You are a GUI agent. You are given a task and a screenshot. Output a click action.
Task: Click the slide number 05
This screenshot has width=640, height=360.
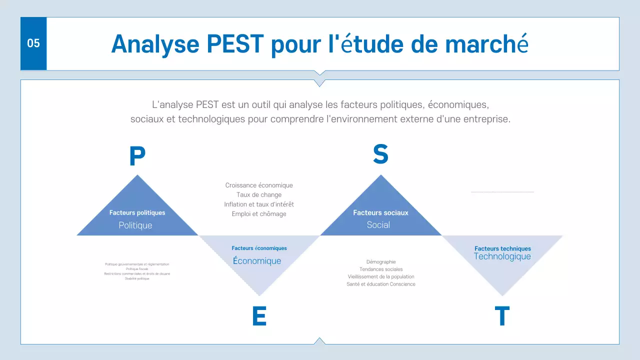point(33,43)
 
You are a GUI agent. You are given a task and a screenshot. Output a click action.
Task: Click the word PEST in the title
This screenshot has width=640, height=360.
point(234,44)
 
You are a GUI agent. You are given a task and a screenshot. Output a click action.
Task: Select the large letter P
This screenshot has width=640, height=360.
point(137,156)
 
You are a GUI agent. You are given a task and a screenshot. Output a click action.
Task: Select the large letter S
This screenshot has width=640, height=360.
point(380,154)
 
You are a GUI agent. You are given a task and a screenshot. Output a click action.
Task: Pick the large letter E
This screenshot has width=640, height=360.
point(259,316)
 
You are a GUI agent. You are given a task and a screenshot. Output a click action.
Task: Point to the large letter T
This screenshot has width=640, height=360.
point(502,316)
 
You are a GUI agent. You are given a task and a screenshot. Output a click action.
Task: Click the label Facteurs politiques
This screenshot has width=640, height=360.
point(137,212)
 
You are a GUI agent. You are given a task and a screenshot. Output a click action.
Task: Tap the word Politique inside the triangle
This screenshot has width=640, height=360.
point(135,225)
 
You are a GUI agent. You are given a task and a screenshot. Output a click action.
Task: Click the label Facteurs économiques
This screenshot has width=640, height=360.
point(259,248)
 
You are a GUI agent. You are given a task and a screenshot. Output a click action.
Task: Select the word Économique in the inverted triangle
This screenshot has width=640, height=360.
point(257,261)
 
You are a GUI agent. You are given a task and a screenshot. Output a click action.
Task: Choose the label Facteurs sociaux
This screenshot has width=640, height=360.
point(380,212)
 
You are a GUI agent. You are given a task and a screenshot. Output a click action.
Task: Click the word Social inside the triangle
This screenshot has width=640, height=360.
point(378,225)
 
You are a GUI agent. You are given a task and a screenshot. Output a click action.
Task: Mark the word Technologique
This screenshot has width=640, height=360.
point(502,256)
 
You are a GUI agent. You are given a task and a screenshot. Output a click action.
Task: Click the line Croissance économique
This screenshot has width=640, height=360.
point(259,185)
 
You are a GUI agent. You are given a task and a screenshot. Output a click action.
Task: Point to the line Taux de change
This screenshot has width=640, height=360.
point(259,195)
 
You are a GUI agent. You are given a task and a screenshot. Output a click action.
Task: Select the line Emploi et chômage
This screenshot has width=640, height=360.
point(259,214)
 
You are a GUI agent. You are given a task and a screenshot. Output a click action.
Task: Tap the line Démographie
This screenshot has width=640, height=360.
point(380,261)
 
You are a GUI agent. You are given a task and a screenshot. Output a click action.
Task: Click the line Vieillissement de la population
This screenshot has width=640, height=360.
point(380,276)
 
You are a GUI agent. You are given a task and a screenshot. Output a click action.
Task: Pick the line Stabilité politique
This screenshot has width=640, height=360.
point(137,278)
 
